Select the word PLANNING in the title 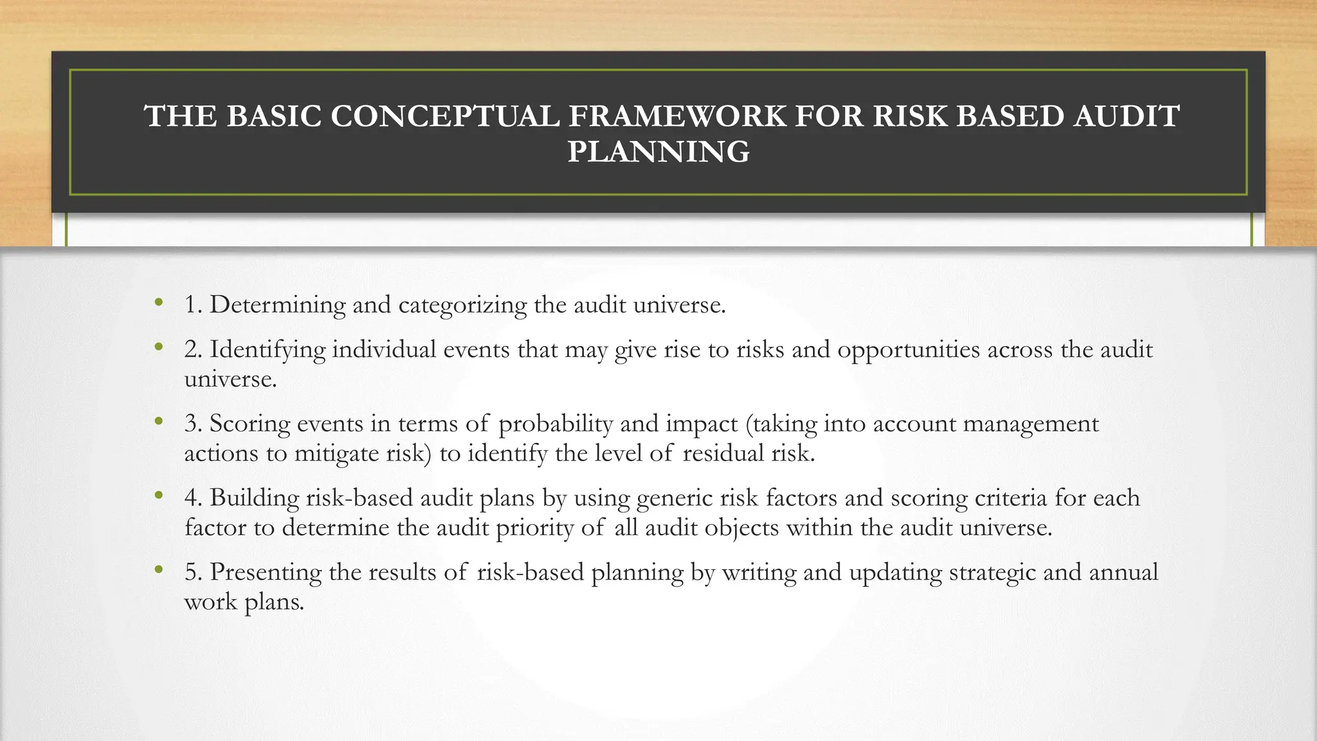pyautogui.click(x=658, y=152)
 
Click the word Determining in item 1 pyautogui.click(x=278, y=305)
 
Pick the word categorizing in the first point pyautogui.click(x=462, y=305)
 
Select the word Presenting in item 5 pyautogui.click(x=266, y=572)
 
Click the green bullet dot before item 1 pyautogui.click(x=158, y=302)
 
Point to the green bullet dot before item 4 pyautogui.click(x=158, y=495)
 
